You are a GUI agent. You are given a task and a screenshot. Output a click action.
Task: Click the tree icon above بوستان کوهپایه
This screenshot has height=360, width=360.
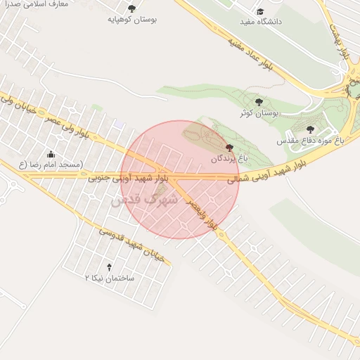click(131, 8)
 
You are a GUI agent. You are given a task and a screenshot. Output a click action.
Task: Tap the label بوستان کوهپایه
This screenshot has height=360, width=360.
click(131, 19)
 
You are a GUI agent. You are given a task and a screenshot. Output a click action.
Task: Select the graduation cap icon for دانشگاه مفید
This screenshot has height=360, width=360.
click(260, 12)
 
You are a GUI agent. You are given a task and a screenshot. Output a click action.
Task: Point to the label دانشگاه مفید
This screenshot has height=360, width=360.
click(260, 22)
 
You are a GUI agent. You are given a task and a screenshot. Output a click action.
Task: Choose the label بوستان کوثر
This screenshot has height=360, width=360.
click(259, 112)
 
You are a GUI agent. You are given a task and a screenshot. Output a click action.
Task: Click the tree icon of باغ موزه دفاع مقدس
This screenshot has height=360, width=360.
click(310, 129)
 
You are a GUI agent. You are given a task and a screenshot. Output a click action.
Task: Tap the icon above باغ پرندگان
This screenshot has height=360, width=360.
click(229, 148)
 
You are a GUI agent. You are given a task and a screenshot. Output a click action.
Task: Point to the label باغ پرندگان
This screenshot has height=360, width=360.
click(229, 159)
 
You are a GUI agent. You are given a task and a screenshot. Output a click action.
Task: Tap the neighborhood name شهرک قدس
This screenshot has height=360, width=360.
click(143, 200)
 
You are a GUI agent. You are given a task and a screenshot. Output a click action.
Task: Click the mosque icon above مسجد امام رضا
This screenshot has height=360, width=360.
click(51, 154)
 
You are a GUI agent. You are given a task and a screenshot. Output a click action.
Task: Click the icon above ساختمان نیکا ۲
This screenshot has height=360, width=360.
click(108, 267)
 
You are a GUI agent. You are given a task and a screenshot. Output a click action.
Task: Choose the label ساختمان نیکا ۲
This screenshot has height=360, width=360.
click(108, 278)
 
